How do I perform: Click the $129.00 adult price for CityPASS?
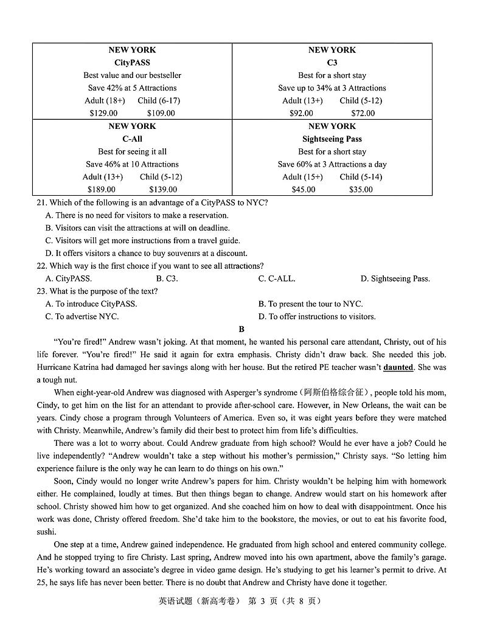click(x=103, y=113)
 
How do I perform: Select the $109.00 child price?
click(x=161, y=113)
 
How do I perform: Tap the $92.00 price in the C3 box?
click(x=301, y=113)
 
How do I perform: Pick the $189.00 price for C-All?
click(x=102, y=190)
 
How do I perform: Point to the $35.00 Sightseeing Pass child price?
click(x=361, y=190)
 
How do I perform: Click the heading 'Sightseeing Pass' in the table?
click(x=332, y=139)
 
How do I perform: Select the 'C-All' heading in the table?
click(x=132, y=139)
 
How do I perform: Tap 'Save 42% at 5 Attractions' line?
click(x=132, y=88)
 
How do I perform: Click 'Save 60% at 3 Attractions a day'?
click(x=332, y=164)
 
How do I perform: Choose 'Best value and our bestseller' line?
click(x=132, y=75)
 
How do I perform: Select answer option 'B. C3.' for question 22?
click(x=167, y=279)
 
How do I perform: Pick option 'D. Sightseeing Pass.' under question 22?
click(x=395, y=279)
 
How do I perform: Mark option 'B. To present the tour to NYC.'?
click(x=310, y=304)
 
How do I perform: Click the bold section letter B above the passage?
click(x=241, y=330)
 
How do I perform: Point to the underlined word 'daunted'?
click(x=398, y=367)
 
